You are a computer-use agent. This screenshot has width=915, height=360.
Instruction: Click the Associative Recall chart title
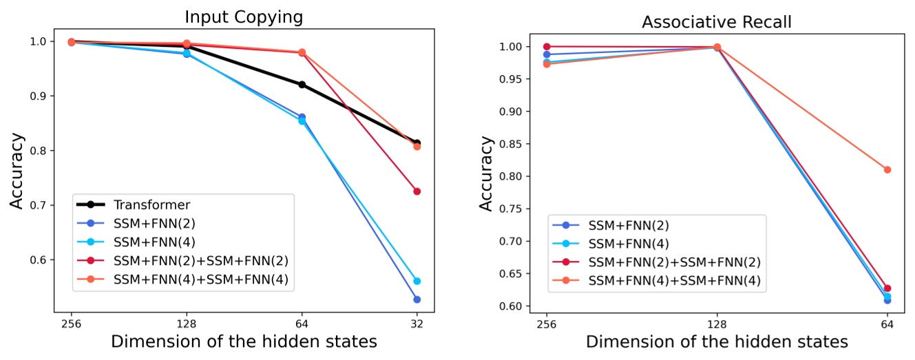(x=717, y=22)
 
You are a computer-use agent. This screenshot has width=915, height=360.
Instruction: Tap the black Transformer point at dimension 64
(x=302, y=85)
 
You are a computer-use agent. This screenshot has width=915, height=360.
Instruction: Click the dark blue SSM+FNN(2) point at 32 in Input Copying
(x=417, y=299)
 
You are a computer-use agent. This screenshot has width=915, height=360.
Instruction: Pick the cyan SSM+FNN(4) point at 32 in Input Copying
(x=417, y=281)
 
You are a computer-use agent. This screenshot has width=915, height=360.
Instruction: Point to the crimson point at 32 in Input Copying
(x=417, y=191)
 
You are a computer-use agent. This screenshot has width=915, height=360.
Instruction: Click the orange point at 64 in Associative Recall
(x=887, y=169)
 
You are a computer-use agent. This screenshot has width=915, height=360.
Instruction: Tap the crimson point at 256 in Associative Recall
(x=547, y=47)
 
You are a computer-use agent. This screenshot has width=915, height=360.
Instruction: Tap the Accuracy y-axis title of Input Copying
(x=17, y=170)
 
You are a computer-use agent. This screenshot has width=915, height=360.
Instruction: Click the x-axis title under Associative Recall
(x=717, y=342)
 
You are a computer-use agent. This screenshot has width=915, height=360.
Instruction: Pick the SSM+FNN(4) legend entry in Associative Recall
(x=629, y=243)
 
